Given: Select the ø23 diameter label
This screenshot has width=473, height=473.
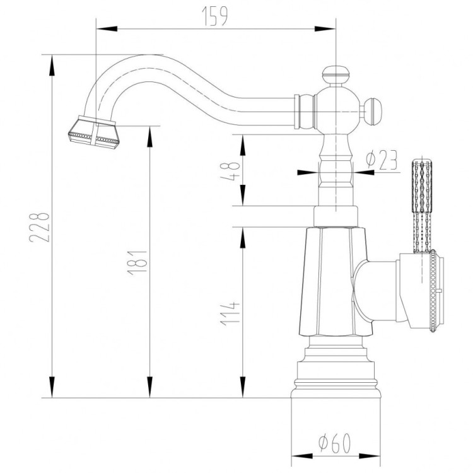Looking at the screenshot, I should (x=382, y=161).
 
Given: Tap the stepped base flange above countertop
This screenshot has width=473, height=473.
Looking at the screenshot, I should (x=337, y=372).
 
